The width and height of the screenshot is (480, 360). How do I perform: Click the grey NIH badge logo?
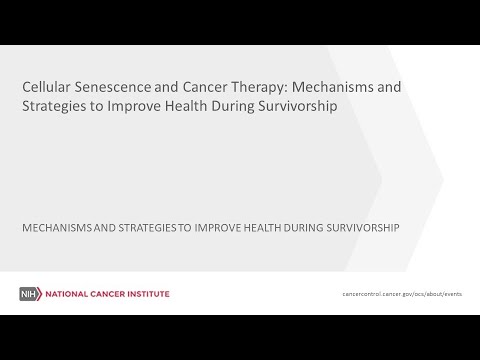click(x=28, y=294)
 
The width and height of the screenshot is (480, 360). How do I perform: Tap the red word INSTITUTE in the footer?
click(x=146, y=294)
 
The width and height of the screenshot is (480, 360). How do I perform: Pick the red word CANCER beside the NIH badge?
click(x=106, y=294)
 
